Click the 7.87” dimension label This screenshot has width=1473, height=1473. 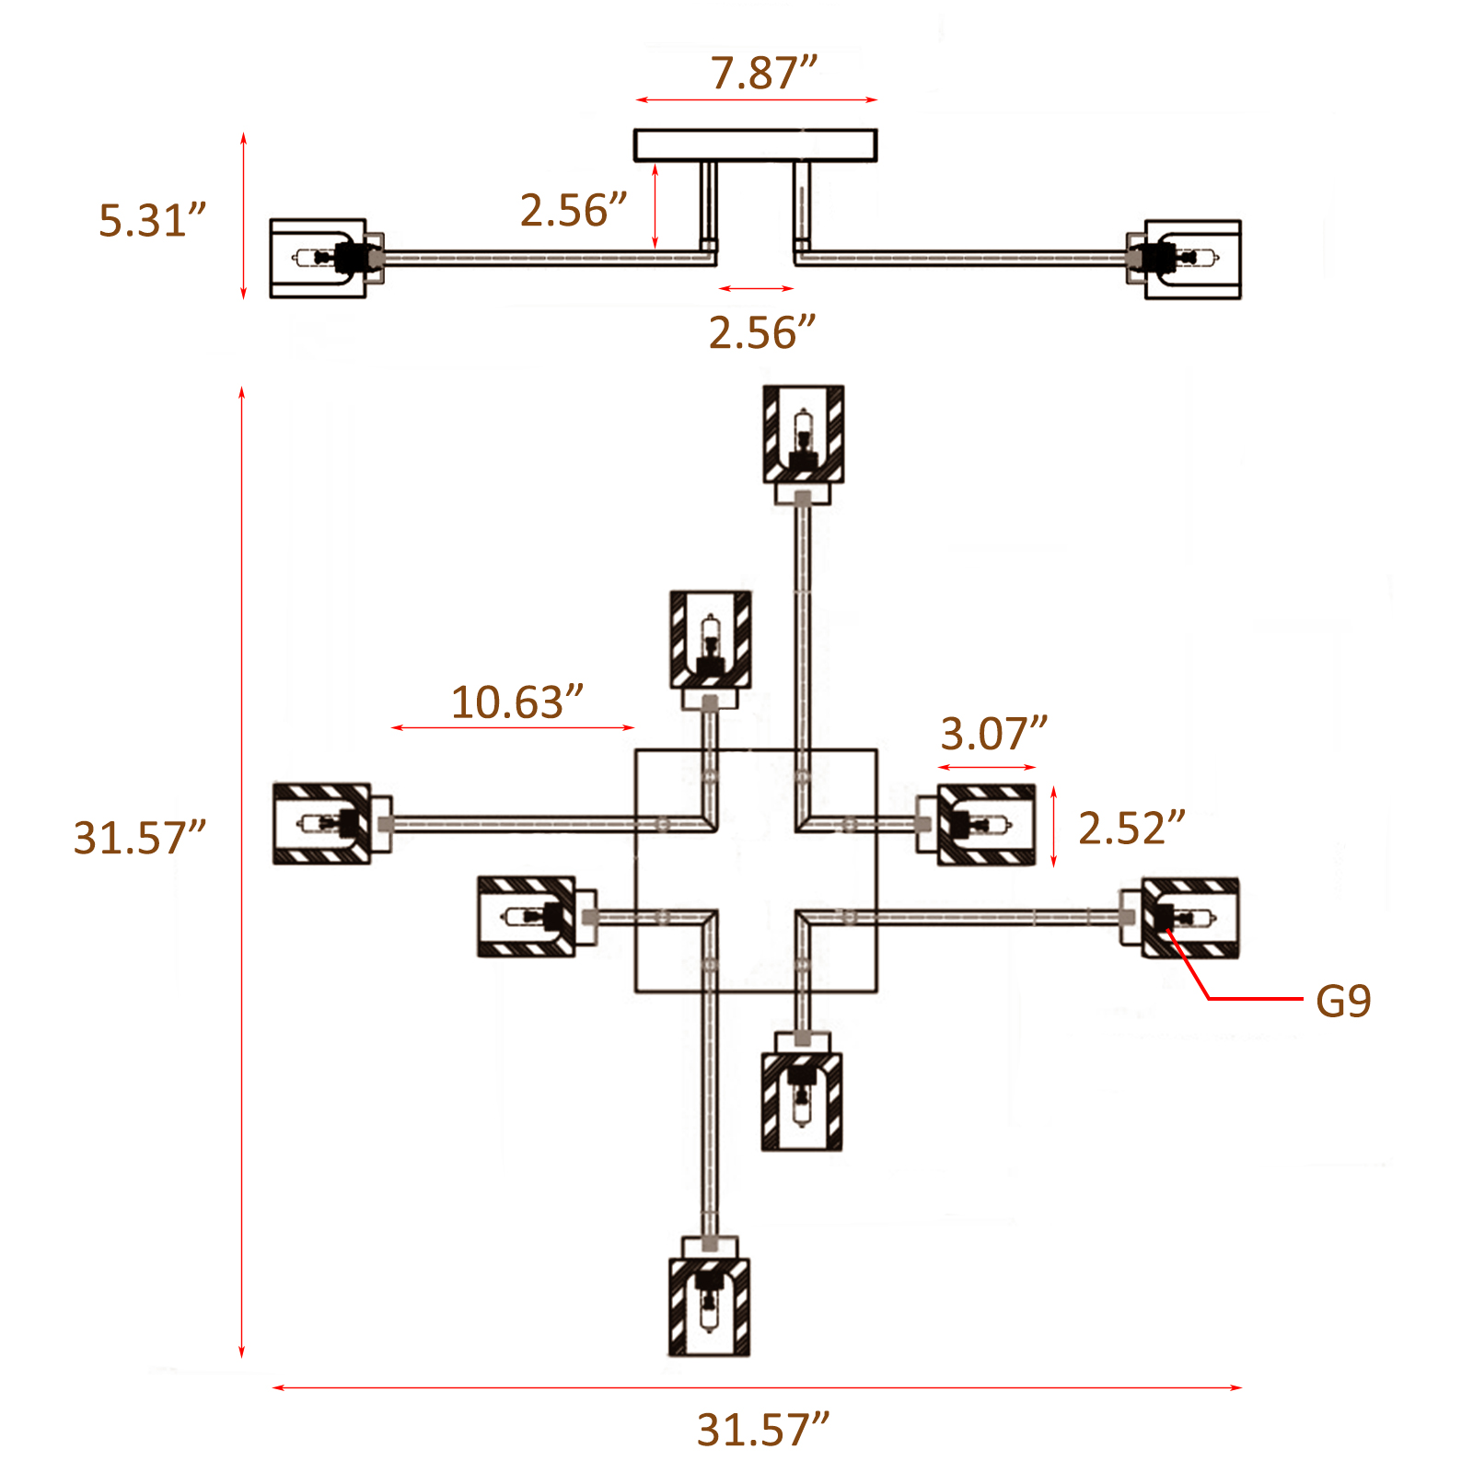tap(763, 73)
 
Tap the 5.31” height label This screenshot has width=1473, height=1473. tap(153, 221)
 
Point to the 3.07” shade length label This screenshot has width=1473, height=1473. tap(993, 734)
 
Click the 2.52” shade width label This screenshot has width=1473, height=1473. tap(1131, 829)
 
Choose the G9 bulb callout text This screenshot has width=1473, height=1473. tap(1343, 1001)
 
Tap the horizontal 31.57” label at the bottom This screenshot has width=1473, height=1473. tap(763, 1430)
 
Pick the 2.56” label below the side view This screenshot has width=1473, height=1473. tap(762, 332)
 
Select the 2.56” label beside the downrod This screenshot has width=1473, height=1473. tap(574, 210)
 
